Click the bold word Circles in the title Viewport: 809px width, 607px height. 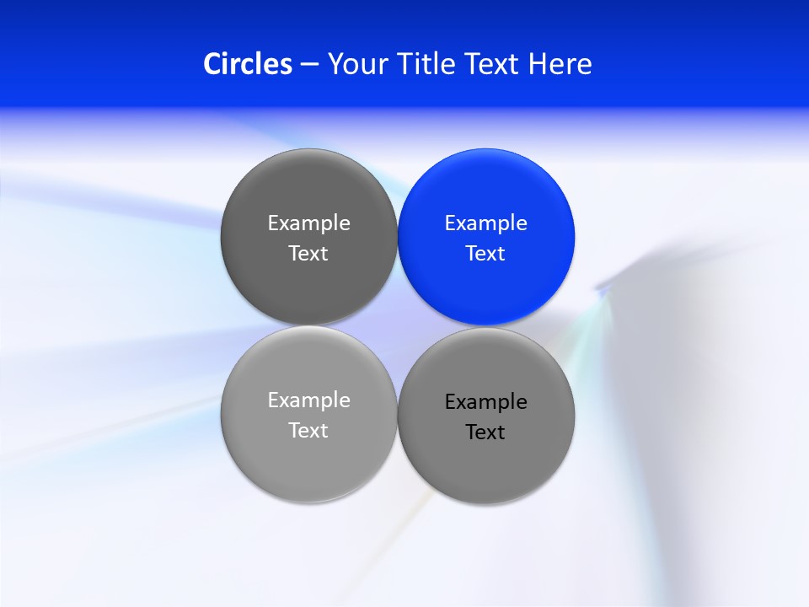[248, 64]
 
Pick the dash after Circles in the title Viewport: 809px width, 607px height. [309, 65]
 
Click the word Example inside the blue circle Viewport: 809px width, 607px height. [485, 223]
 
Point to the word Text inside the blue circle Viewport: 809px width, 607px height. [485, 254]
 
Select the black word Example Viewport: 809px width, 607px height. [485, 402]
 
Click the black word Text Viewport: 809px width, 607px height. [485, 432]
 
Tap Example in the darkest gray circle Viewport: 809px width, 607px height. [308, 223]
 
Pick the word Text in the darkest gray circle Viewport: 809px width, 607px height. [308, 254]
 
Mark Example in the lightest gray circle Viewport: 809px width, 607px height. [308, 400]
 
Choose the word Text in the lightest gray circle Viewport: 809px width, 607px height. [308, 431]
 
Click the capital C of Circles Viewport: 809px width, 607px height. [213, 64]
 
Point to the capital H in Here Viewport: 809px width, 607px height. [537, 64]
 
